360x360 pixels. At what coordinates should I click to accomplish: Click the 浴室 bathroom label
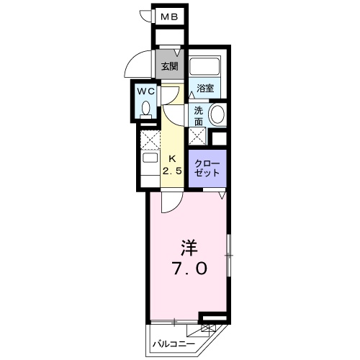click(x=205, y=89)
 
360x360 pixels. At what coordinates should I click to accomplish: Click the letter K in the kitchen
click(x=172, y=158)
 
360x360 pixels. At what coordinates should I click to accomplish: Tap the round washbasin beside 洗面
click(x=217, y=114)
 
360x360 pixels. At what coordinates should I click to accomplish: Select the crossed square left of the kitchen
click(x=148, y=138)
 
